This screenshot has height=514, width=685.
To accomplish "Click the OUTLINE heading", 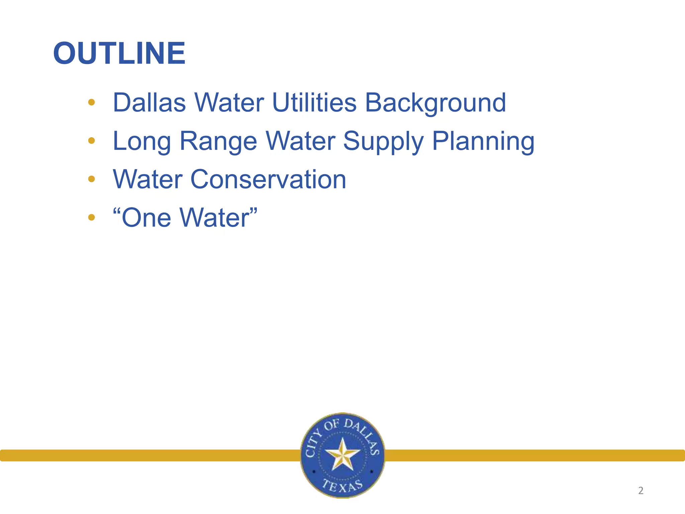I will (x=119, y=54).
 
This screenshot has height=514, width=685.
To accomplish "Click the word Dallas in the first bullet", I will (x=149, y=102).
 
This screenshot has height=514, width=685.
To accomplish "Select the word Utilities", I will (x=314, y=102).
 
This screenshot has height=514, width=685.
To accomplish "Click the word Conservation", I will (x=268, y=180).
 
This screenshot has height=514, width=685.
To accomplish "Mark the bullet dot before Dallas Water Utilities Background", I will (x=91, y=102).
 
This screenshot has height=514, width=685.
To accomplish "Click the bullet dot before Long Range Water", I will (x=91, y=141).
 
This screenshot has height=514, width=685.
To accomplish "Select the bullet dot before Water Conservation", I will (x=91, y=179).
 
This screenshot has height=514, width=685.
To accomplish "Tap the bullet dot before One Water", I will (x=91, y=218).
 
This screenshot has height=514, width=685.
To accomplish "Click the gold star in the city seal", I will (x=342, y=454).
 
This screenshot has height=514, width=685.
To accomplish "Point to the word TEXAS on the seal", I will (x=342, y=486).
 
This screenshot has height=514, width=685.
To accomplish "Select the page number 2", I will (x=641, y=491).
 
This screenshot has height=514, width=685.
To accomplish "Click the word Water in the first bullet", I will (x=229, y=102).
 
